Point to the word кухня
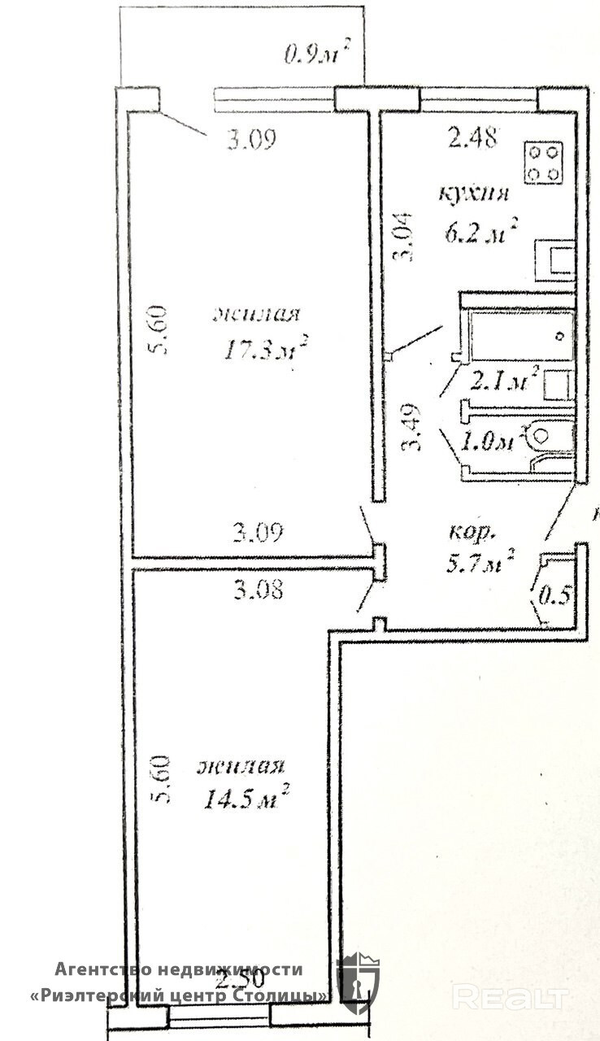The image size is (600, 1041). pyautogui.click(x=474, y=195)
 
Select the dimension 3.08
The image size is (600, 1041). pyautogui.click(x=258, y=590)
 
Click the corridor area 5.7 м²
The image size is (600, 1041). pyautogui.click(x=482, y=560)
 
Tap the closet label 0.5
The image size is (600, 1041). pyautogui.click(x=554, y=595)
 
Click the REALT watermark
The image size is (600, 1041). pyautogui.click(x=510, y=995)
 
